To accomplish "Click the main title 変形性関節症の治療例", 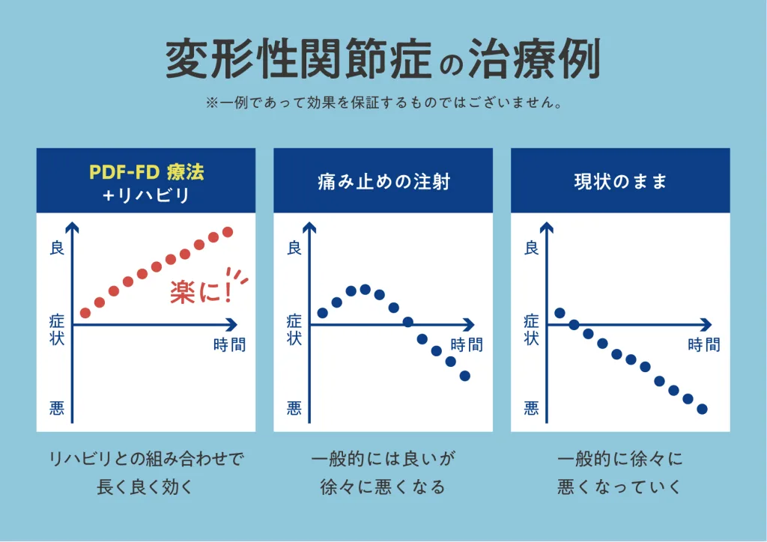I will coord(383,60).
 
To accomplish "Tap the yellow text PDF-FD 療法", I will coord(147,171).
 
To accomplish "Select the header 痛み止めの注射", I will coord(383,181).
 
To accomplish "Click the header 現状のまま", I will coord(619,181).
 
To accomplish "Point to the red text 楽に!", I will coord(201,290).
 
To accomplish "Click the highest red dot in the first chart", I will coord(228,232).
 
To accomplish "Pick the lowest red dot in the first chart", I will coord(85,313).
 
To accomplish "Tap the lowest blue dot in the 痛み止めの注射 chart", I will coord(464,376).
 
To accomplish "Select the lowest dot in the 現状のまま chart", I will coord(702,409).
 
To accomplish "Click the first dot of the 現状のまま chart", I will coord(560,313).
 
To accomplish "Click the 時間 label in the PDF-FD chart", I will coord(229,345).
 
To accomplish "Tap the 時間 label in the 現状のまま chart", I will coord(703,345).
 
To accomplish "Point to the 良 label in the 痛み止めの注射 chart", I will coord(294,248).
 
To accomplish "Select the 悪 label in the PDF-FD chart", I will coord(57,408).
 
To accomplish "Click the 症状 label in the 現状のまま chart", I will coord(532,329).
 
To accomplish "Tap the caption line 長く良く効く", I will coord(146,487).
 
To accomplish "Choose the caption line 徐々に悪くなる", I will coord(383,487).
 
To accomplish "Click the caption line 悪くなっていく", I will coord(619,487).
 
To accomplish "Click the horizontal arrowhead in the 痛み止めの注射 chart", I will coord(469,325).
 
